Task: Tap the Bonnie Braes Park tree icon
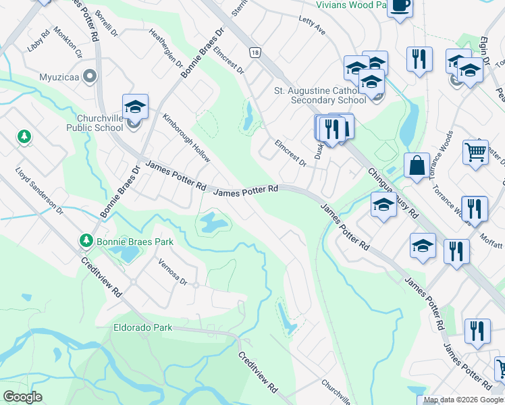(86, 240)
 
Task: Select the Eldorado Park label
(142, 327)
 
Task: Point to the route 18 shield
(254, 52)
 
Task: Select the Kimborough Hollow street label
(186, 138)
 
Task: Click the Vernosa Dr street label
(172, 271)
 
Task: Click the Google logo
(22, 396)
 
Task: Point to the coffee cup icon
(400, 6)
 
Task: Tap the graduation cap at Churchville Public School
(135, 107)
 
